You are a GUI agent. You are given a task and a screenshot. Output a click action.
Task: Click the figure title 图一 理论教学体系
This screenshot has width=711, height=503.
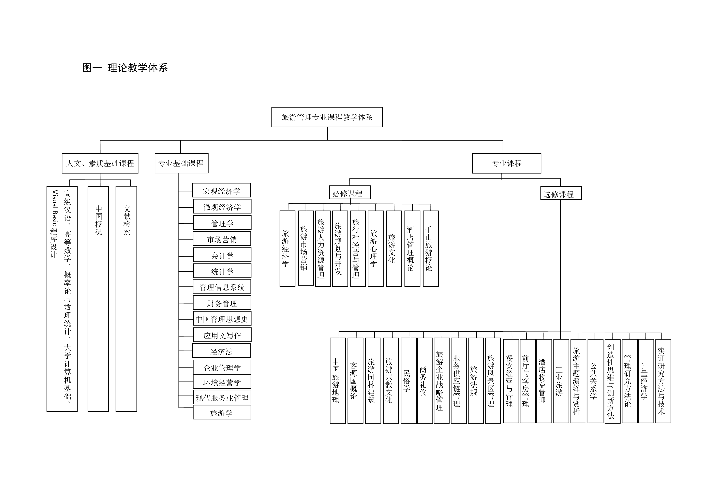click(125, 68)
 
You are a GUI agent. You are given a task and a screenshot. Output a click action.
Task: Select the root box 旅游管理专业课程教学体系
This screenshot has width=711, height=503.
click(327, 117)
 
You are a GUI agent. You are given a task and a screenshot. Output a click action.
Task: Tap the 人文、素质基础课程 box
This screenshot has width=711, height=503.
click(100, 163)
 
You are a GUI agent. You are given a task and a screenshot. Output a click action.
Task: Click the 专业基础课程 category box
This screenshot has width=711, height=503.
click(181, 163)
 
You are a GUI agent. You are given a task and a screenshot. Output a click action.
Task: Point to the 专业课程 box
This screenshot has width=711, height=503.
click(507, 163)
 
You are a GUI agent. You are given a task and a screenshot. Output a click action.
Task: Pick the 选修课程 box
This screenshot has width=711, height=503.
click(561, 193)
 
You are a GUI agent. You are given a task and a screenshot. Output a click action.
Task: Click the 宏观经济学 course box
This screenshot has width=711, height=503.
click(221, 190)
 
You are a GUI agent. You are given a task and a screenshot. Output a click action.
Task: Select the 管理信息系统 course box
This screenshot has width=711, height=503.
click(222, 287)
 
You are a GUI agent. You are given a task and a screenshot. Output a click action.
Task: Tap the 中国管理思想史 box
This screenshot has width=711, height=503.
click(222, 318)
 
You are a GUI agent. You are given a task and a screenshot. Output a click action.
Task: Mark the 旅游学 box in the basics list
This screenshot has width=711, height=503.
click(222, 412)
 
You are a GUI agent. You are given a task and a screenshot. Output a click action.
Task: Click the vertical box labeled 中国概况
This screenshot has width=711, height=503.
click(98, 299)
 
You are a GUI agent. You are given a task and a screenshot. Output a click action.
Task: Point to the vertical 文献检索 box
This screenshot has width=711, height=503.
click(126, 299)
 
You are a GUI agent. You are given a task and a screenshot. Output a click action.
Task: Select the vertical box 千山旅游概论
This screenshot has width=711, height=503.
click(431, 249)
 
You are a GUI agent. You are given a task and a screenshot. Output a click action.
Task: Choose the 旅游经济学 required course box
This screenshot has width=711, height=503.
click(287, 249)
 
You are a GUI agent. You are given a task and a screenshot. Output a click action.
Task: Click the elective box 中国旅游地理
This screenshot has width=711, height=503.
click(338, 381)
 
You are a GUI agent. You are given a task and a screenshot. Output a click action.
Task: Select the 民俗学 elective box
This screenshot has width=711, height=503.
click(409, 381)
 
